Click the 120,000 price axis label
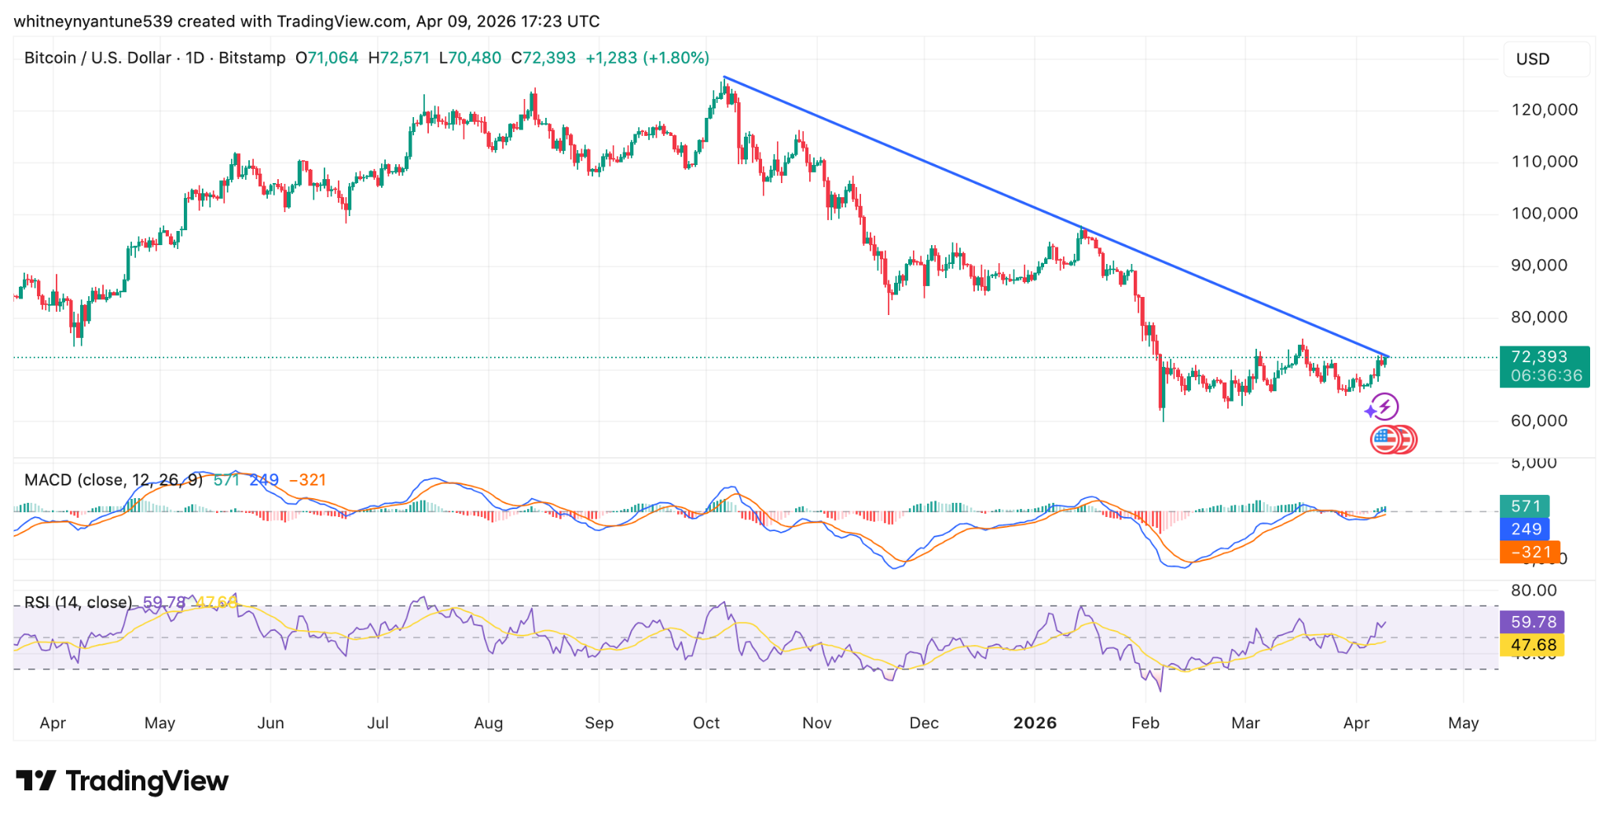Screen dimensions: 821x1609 [1544, 110]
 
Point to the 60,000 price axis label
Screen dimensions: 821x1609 [1538, 421]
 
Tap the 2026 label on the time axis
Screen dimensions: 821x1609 [1034, 723]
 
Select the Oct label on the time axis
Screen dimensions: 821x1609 [706, 723]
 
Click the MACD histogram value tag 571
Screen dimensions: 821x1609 [1524, 507]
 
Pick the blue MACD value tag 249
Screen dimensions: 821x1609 [1524, 529]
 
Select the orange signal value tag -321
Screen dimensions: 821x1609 [1529, 552]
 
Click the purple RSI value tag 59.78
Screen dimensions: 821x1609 [1532, 622]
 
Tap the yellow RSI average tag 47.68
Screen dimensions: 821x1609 [1532, 645]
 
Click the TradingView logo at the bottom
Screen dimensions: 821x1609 [122, 781]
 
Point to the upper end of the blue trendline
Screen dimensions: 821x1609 [724, 77]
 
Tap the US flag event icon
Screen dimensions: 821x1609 [1384, 439]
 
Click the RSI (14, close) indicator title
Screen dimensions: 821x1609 [78, 603]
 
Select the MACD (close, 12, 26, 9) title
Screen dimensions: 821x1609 [113, 480]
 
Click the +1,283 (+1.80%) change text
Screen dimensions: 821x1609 [647, 58]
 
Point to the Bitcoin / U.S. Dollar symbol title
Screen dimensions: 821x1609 [97, 58]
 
